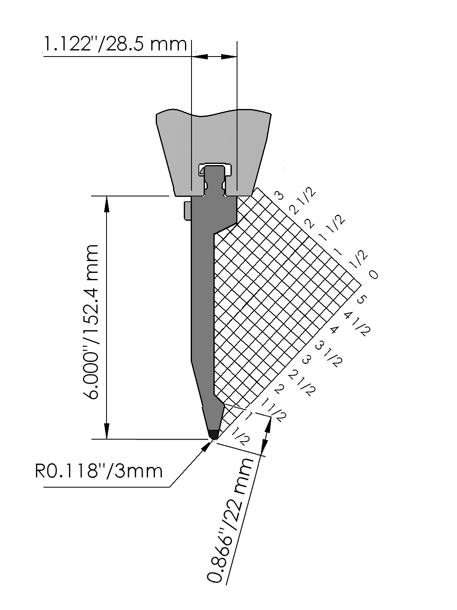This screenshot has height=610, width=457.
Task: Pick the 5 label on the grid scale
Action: click(x=361, y=300)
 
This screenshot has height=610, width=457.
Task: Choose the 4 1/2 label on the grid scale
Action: click(x=357, y=324)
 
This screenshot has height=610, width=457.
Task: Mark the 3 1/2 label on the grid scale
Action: click(x=329, y=354)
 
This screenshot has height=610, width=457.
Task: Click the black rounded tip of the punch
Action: click(x=213, y=434)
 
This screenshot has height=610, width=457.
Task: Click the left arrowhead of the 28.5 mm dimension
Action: click(x=200, y=57)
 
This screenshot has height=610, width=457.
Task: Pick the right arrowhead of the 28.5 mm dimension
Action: click(x=228, y=57)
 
